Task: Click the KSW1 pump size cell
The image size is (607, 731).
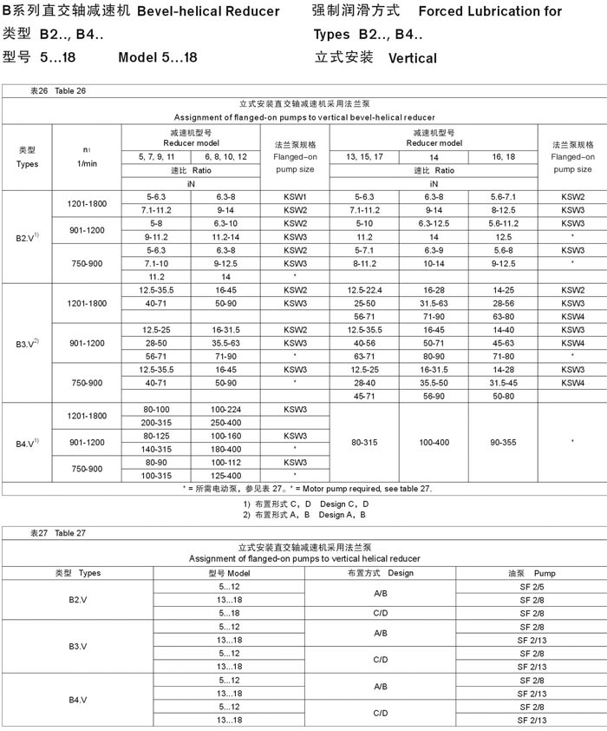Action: [x=295, y=197]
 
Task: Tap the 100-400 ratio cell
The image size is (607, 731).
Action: [x=434, y=442]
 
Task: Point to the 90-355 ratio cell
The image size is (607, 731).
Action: [x=503, y=442]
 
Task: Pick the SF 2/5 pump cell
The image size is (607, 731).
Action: [x=532, y=587]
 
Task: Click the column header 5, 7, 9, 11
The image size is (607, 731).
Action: [x=156, y=156]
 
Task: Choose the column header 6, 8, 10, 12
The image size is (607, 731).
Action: [x=225, y=156]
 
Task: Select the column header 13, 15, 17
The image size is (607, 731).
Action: [x=364, y=156]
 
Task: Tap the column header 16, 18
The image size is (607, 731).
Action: [x=503, y=156]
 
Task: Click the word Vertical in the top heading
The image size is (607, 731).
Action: [x=413, y=59]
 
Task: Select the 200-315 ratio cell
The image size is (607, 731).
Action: [x=156, y=422]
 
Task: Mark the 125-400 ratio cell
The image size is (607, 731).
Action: [x=225, y=475]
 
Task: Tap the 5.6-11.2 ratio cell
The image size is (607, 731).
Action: [x=503, y=223]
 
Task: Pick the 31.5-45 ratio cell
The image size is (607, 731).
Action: [x=503, y=382]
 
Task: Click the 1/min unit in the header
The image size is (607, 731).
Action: [x=88, y=163]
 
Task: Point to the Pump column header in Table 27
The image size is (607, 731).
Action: [x=532, y=573]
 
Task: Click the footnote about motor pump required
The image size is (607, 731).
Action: [x=307, y=489]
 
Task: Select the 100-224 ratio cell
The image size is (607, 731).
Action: [x=225, y=408]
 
